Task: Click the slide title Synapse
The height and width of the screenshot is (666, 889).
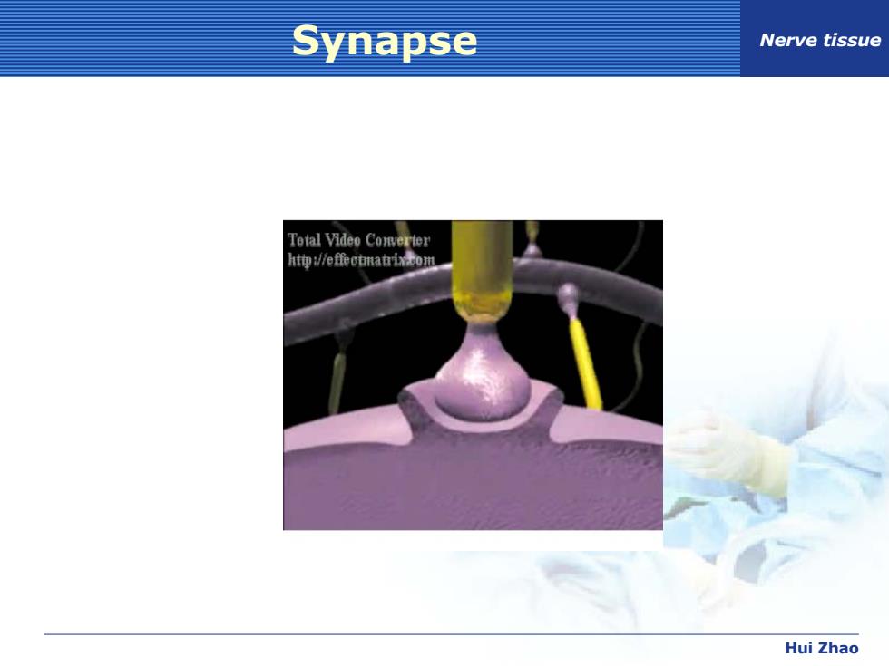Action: pos(385,42)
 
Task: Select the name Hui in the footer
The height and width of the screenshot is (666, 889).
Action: pos(796,648)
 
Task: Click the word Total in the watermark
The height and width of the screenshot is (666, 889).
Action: pos(304,240)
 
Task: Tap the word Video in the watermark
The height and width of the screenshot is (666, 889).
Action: pos(343,240)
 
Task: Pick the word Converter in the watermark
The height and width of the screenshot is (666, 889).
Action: pos(397,241)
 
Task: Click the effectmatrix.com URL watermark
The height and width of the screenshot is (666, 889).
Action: pos(361,260)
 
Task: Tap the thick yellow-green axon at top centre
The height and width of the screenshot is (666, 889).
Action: pos(483,269)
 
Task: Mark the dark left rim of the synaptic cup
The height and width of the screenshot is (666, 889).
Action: pos(411,407)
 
